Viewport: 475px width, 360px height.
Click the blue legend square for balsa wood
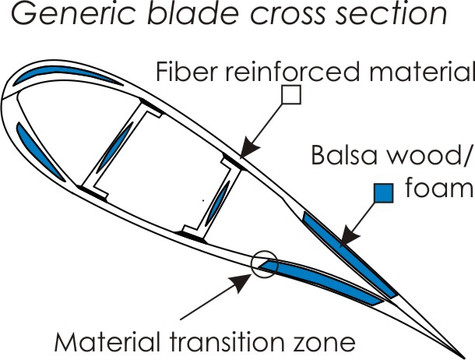point(382,192)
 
